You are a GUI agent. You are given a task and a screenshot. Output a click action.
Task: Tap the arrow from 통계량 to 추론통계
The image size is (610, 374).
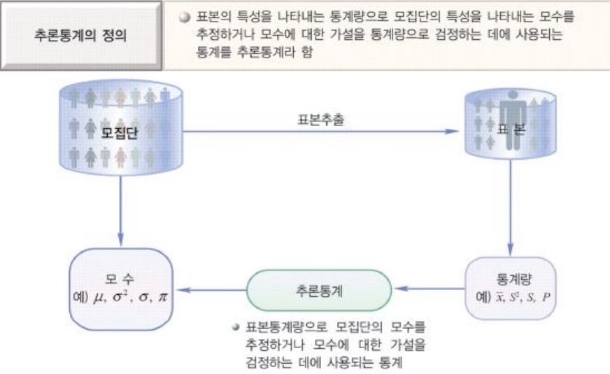[429, 287]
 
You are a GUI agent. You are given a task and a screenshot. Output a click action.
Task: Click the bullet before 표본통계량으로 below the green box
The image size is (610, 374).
[237, 326]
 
